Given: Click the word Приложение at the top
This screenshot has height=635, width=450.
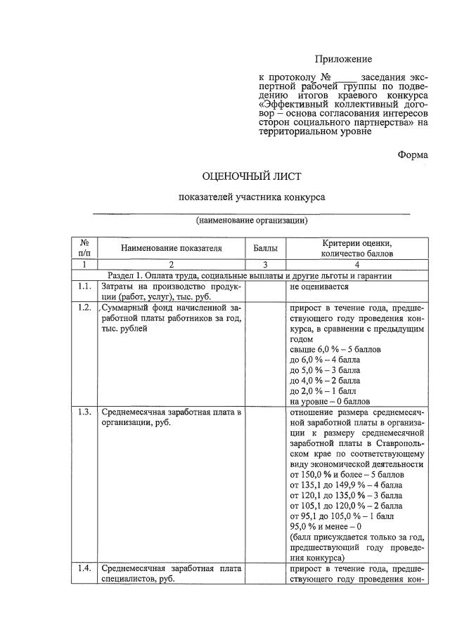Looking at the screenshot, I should click(342, 59).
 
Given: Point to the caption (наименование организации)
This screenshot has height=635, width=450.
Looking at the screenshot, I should click(252, 221).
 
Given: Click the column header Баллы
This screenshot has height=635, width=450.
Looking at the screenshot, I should click(265, 247).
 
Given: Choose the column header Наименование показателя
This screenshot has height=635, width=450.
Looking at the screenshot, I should click(171, 247).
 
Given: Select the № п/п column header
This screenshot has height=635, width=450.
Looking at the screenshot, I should click(84, 247).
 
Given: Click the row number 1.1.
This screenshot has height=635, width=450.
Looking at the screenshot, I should click(85, 287).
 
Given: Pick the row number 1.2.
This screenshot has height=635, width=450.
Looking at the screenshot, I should click(85, 308).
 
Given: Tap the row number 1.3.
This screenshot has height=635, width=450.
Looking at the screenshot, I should click(85, 412).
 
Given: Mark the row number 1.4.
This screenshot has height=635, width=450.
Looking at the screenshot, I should click(85, 569).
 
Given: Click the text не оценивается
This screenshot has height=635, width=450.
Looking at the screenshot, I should click(320, 287).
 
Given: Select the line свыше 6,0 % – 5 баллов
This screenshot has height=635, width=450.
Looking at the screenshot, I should click(335, 349).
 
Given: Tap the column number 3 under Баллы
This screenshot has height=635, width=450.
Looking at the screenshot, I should click(265, 265).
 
